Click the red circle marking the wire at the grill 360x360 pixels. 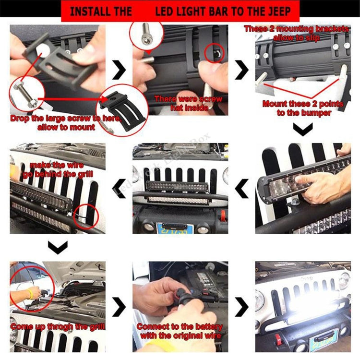click(85, 215)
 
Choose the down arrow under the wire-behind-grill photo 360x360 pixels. click(58, 247)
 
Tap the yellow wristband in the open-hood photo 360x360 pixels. click(29, 293)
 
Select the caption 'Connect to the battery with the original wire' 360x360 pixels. click(180, 331)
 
